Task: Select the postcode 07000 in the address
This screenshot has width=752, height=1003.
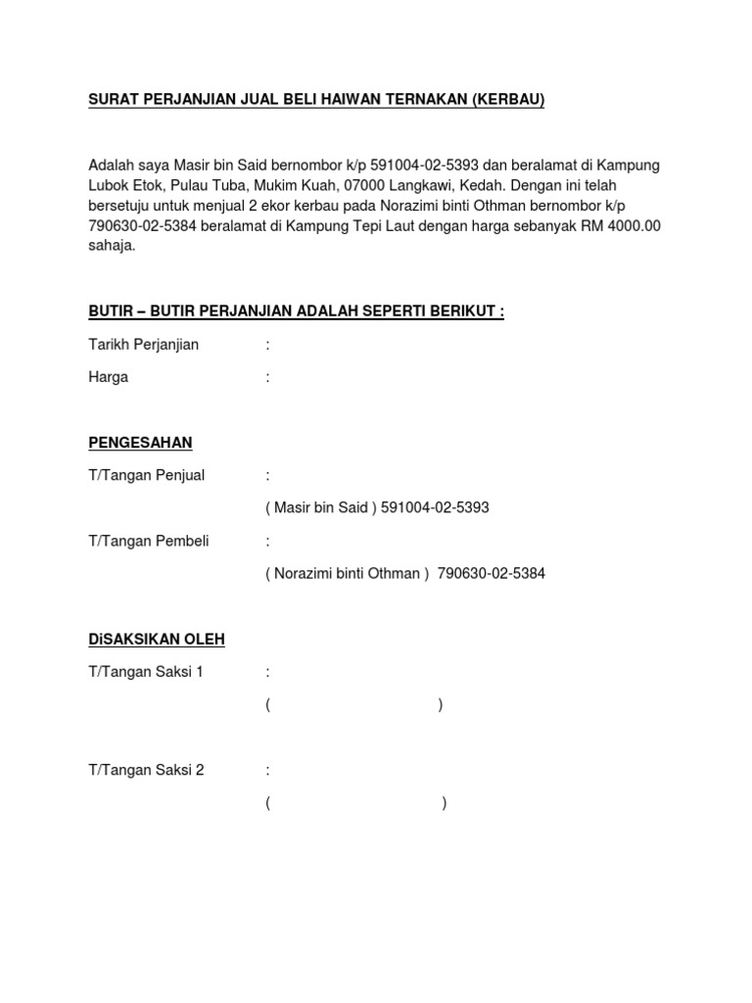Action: click(352, 184)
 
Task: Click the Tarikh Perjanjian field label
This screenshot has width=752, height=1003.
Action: click(143, 345)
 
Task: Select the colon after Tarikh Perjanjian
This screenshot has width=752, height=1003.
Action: click(267, 345)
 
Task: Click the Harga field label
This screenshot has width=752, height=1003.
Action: click(108, 377)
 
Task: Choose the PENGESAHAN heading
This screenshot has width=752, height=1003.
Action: click(140, 443)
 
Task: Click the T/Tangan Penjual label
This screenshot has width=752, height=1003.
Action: click(146, 475)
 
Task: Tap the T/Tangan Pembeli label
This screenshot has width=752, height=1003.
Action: click(148, 541)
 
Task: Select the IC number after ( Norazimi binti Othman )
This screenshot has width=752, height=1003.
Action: click(491, 574)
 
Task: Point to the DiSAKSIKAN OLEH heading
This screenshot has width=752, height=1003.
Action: click(157, 640)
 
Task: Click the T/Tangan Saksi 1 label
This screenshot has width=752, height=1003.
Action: click(146, 672)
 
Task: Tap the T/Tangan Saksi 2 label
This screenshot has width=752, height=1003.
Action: click(146, 771)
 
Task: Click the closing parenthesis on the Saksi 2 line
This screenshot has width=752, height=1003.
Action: click(445, 804)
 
